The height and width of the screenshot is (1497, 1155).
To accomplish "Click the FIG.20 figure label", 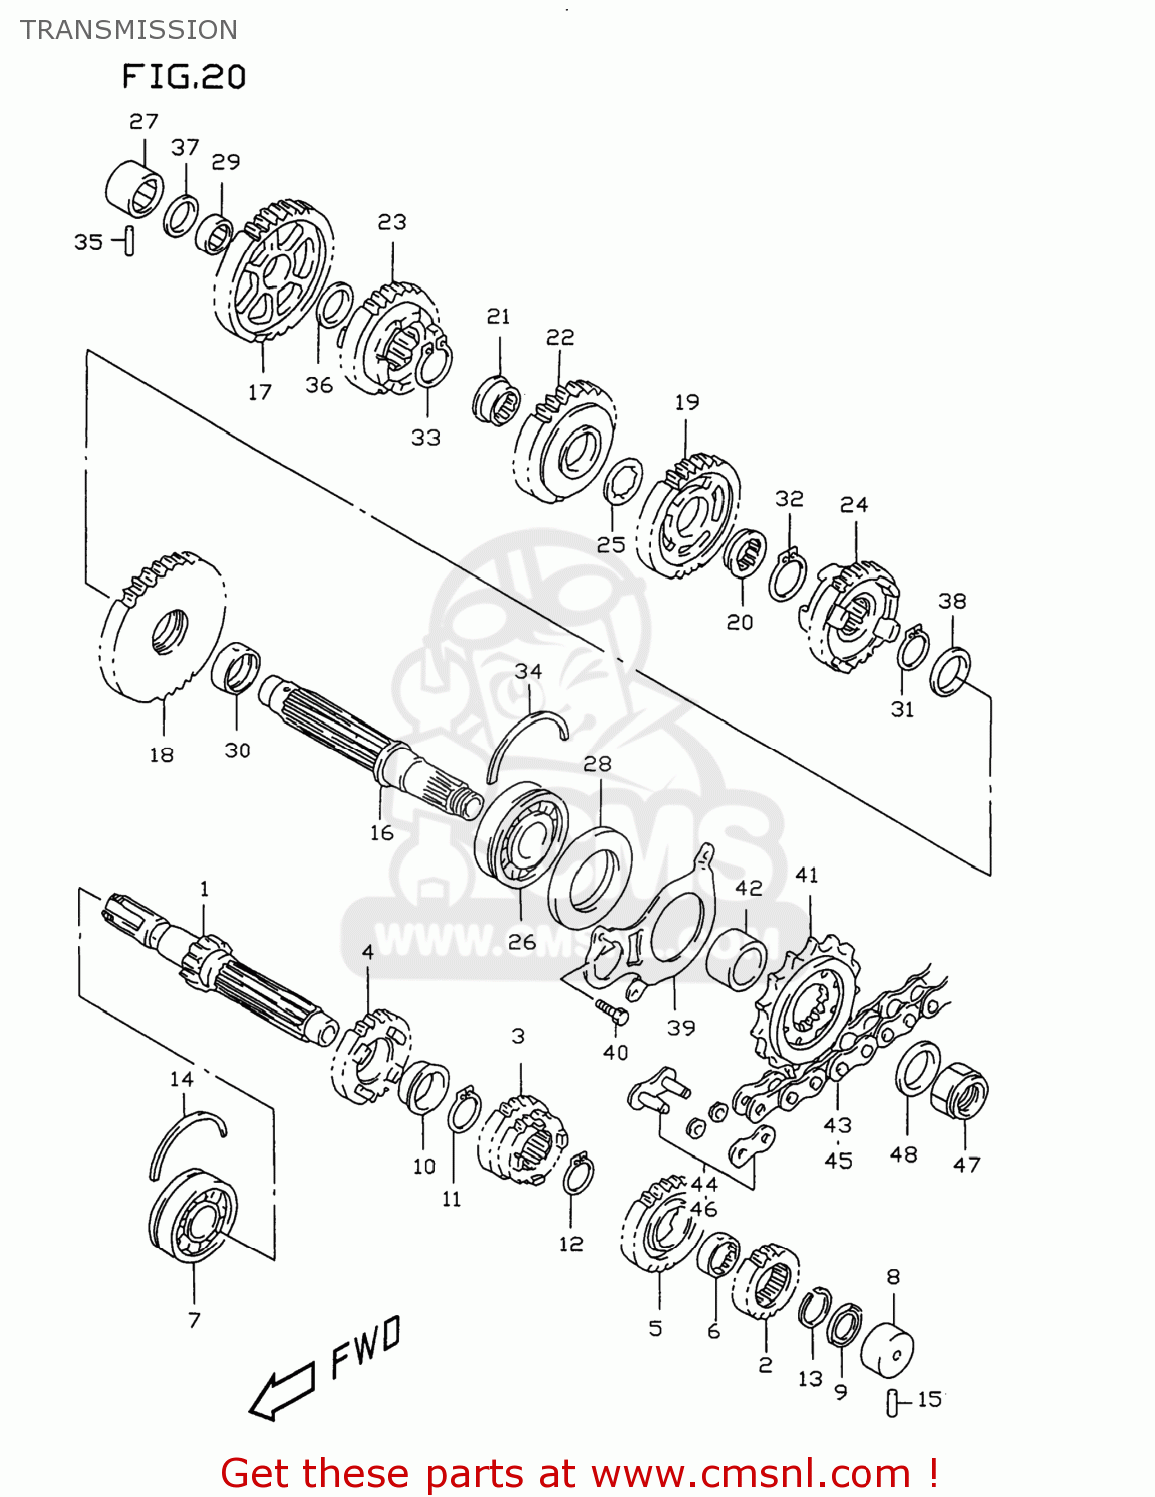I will click(184, 77).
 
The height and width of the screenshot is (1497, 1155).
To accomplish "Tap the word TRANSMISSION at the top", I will click(129, 30).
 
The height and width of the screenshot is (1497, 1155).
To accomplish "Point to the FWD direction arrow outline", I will click(282, 1391).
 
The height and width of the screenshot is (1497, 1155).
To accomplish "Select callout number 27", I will click(144, 121).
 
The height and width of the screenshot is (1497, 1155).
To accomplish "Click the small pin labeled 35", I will click(129, 242).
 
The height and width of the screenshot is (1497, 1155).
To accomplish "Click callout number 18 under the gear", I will click(161, 755).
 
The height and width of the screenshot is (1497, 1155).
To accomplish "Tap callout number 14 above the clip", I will click(181, 1079).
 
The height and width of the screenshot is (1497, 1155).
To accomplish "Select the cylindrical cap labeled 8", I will click(886, 1351).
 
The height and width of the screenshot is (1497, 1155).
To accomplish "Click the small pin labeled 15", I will click(891, 1402).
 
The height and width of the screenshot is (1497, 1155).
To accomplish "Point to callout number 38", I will click(952, 601).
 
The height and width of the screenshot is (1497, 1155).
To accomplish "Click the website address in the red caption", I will click(751, 1474).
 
